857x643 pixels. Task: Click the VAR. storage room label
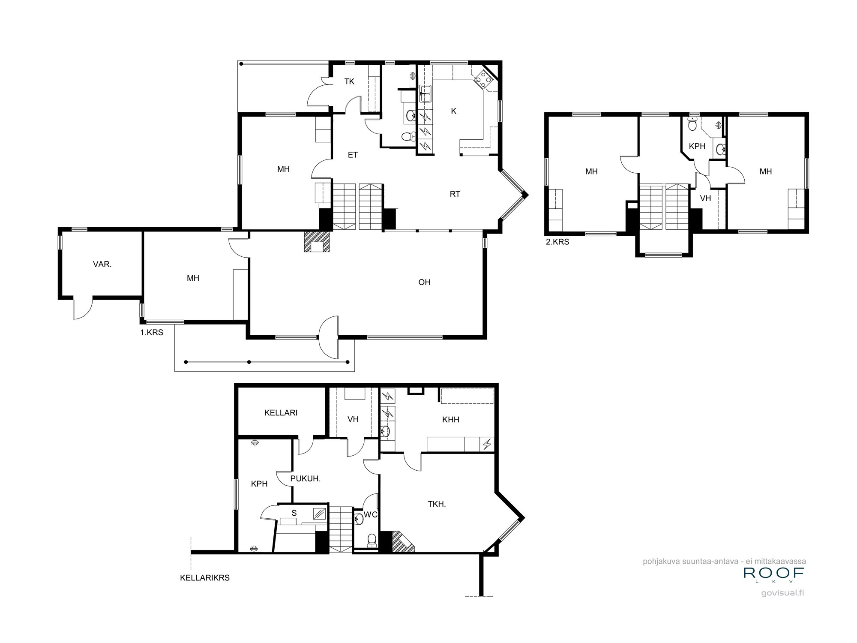[102, 264]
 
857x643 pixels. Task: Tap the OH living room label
[424, 282]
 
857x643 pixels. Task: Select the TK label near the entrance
[349, 81]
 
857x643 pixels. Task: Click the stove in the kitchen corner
[482, 79]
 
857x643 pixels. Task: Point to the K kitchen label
[453, 111]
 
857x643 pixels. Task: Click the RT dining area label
[455, 194]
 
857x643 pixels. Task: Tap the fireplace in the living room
[317, 242]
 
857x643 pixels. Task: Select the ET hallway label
[352, 155]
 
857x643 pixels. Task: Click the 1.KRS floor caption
[152, 332]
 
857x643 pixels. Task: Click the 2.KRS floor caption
[557, 242]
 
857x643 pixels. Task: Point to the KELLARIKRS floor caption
[205, 578]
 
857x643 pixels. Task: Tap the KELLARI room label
[281, 413]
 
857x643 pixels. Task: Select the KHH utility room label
[450, 420]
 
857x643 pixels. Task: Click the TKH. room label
[437, 505]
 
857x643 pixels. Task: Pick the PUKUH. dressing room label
[305, 479]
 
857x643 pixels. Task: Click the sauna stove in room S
[319, 513]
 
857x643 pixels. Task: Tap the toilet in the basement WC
[372, 540]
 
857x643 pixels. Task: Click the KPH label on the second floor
[697, 146]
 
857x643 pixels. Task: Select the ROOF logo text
[773, 572]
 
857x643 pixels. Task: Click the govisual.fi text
[782, 593]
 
